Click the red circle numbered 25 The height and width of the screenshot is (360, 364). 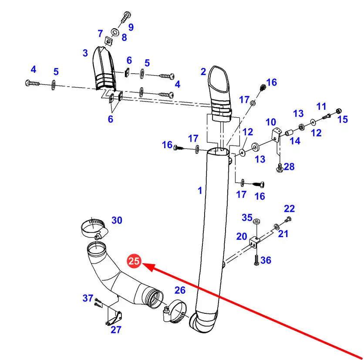[x=134, y=262]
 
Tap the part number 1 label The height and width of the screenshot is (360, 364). [x=200, y=190]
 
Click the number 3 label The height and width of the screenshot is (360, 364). [x=85, y=53]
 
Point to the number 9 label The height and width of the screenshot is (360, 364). [x=131, y=27]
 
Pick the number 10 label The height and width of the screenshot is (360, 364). [x=271, y=122]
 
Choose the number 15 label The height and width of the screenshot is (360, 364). [x=343, y=119]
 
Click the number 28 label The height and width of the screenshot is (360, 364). [x=289, y=166]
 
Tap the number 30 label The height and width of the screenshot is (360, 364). [x=117, y=221]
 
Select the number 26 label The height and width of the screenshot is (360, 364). [x=180, y=290]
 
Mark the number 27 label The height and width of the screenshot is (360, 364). [x=116, y=329]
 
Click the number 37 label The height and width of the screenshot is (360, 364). [x=88, y=298]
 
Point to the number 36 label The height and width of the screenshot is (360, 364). [x=266, y=260]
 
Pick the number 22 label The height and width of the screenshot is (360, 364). [x=290, y=209]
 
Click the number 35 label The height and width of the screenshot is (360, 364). [x=247, y=217]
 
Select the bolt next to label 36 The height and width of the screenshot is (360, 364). [x=256, y=260]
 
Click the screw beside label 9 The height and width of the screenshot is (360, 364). [x=125, y=17]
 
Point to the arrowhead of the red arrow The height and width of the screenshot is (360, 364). [x=145, y=265]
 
